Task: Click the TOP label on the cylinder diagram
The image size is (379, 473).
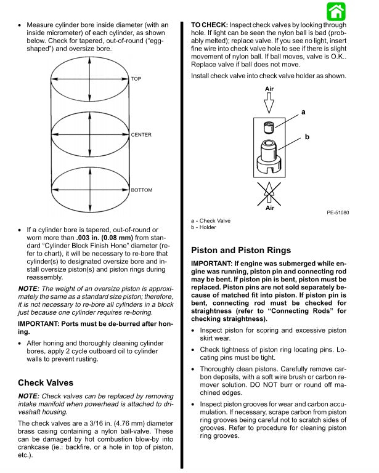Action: point(136,79)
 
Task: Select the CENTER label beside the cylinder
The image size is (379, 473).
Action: point(141,134)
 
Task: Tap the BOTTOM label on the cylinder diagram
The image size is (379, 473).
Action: point(141,190)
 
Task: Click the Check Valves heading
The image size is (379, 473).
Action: point(46,382)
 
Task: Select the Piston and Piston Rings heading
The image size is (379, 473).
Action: point(241,251)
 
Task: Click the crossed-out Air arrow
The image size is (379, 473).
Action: point(269,193)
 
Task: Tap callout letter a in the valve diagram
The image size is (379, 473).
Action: point(303,112)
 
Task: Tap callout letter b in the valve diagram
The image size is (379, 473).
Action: point(306,137)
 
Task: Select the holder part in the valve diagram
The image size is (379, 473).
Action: point(269,158)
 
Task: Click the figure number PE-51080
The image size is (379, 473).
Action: point(338,212)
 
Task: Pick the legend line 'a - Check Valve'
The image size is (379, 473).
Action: point(211,220)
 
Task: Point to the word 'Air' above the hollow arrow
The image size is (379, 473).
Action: point(269,89)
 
